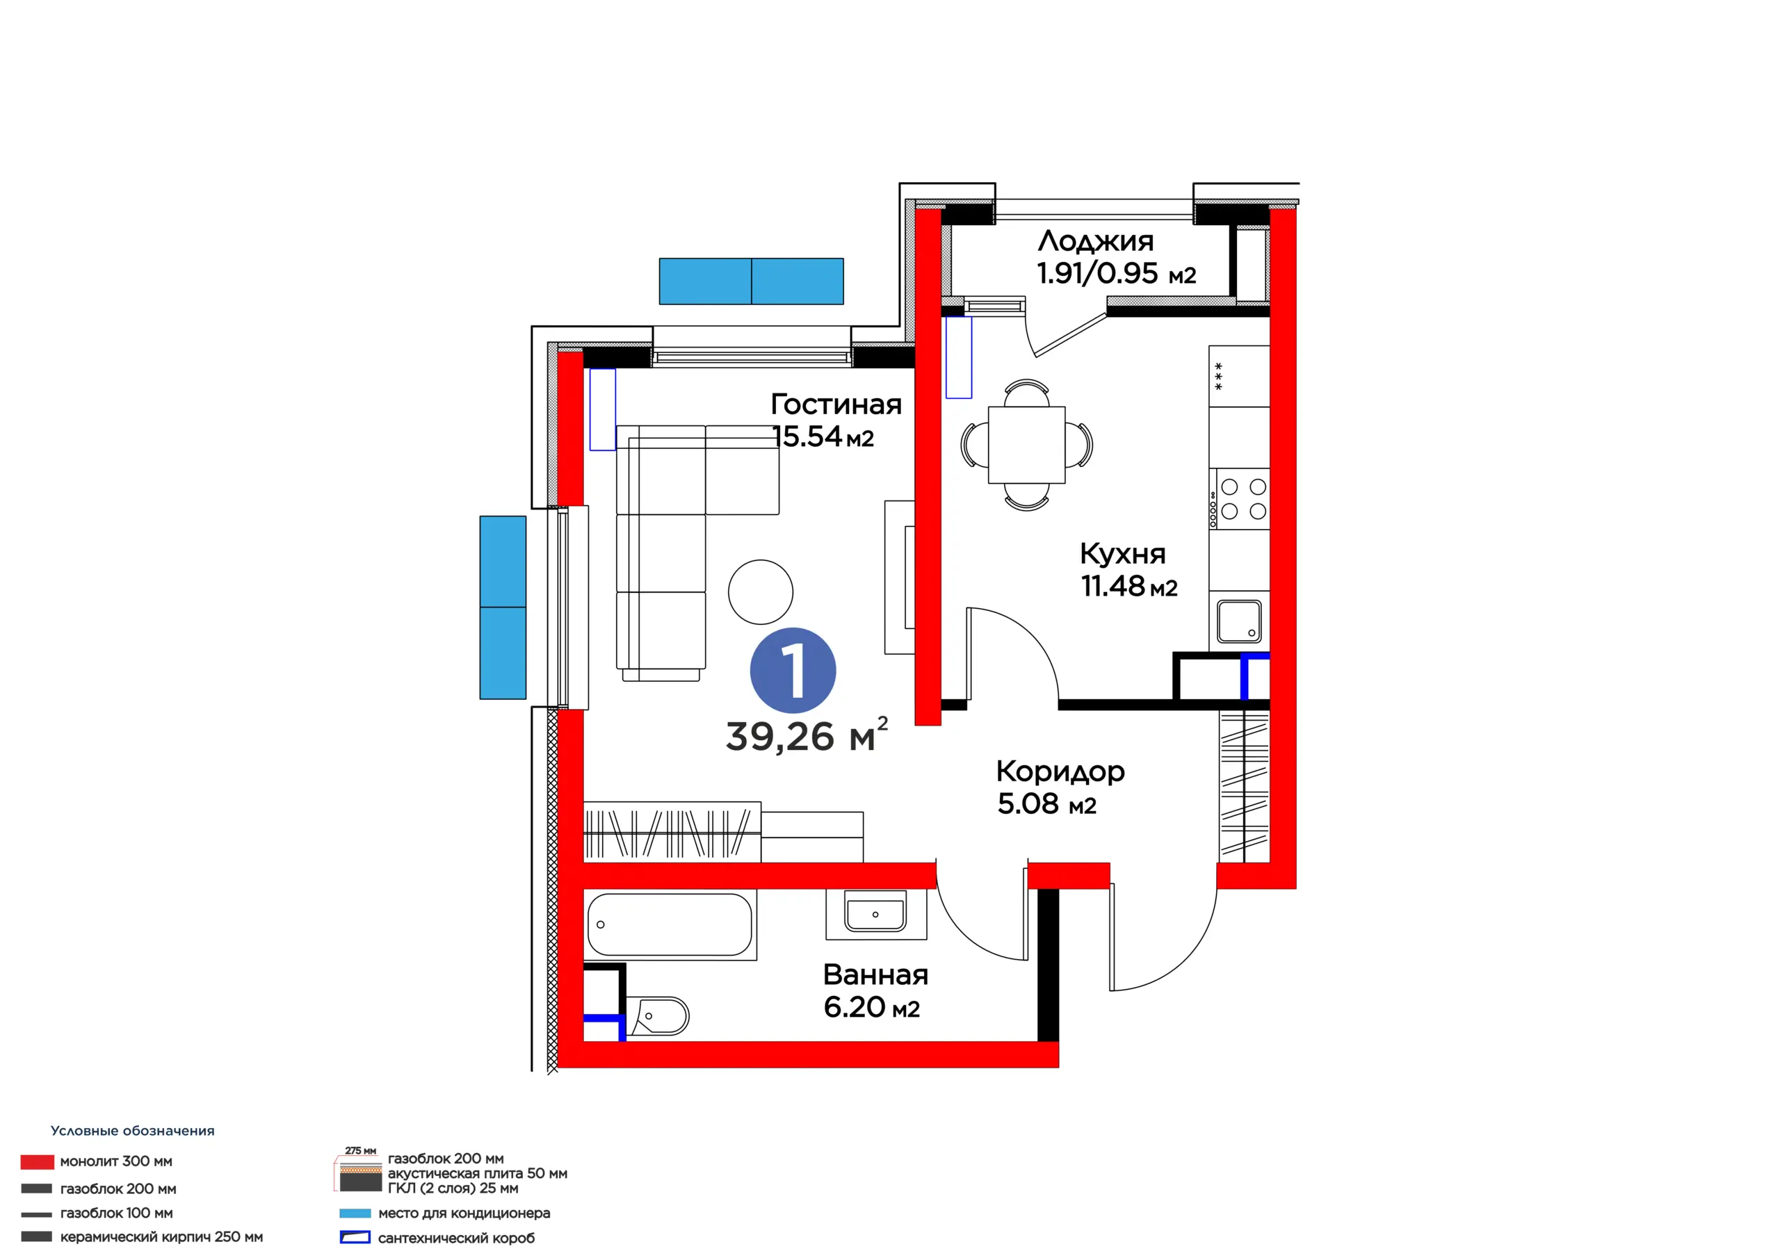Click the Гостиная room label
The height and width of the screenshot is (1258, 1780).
pos(836,405)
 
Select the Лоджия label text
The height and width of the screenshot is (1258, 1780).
pos(1095,241)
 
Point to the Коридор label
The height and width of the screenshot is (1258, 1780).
pos(1060,771)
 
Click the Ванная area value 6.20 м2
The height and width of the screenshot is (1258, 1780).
pos(871,1007)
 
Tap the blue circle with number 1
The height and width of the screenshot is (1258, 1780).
pos(793,671)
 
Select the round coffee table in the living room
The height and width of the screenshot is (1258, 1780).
pos(761,592)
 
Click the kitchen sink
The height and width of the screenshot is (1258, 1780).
pos(1239,621)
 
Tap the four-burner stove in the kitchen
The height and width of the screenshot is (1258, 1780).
pos(1239,499)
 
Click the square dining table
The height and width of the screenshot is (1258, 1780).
pos(1026,445)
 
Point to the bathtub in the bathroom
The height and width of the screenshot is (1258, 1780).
pos(670,924)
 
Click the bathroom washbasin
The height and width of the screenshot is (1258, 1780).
pos(875,914)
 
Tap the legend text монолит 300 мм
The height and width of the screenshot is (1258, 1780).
pos(116,1161)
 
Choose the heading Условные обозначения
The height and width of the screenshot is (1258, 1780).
pos(133,1131)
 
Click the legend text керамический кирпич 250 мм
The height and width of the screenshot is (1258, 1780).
pos(161,1237)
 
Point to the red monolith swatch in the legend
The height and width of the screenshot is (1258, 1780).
pos(38,1162)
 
